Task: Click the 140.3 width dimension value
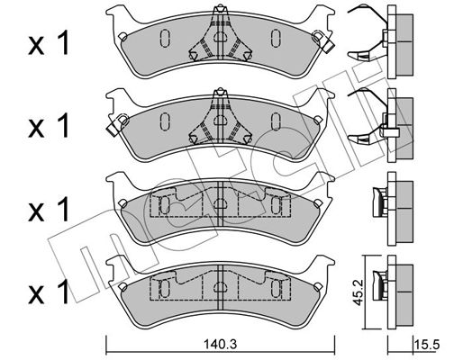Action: coord(220,345)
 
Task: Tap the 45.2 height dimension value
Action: coord(358,292)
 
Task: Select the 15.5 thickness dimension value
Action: coord(427,345)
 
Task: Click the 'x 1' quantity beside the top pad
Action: coord(49,43)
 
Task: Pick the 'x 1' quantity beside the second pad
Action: coord(49,126)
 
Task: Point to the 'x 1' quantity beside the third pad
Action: coord(49,209)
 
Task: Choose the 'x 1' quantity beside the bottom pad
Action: coord(49,292)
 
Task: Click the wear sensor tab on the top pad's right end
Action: coord(323,41)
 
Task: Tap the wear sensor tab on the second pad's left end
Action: coord(118,124)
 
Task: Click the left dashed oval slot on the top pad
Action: coord(165,38)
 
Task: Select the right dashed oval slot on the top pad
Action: coord(276,38)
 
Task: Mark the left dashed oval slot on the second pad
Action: coord(165,121)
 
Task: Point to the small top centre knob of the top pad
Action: coord(221,8)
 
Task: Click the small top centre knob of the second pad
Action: coord(221,92)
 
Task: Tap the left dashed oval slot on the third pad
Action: coord(165,205)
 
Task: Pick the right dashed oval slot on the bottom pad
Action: coord(276,289)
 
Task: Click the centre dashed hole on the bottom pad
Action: coord(221,288)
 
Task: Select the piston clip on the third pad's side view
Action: coord(380,202)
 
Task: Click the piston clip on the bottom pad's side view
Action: coord(380,285)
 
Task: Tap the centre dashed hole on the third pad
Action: coord(221,204)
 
